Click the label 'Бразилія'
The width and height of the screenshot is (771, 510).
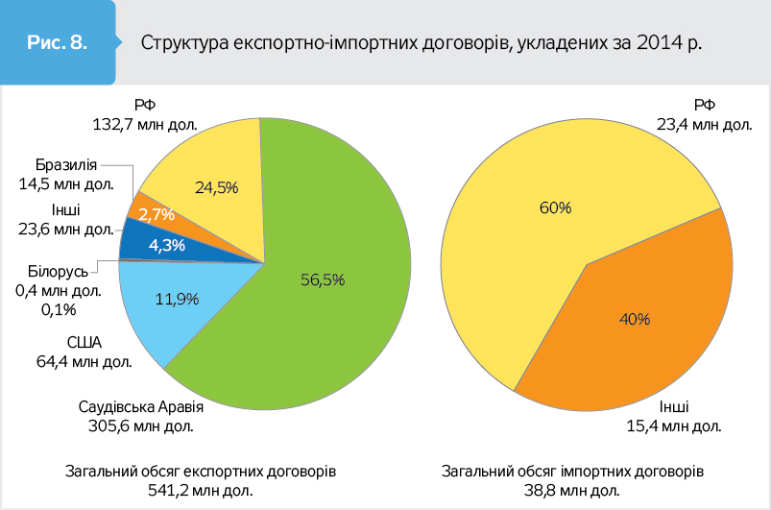pos(64,164)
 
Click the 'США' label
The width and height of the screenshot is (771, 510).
pos(84,345)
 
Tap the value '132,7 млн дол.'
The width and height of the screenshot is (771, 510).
pos(145,123)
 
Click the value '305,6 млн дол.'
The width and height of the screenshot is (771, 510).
pos(142,425)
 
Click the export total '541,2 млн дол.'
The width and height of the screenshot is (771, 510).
pos(201,491)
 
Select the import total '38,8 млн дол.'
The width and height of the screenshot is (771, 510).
pos(573,491)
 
